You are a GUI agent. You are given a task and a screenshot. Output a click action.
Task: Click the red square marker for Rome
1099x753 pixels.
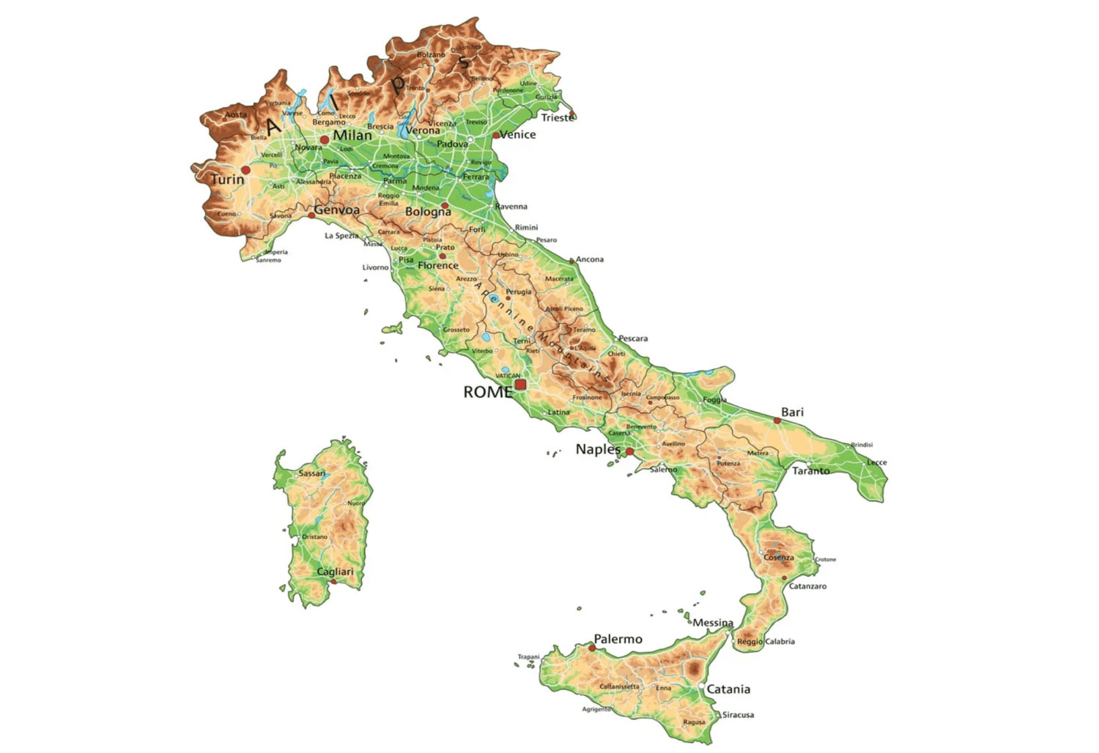point(520,384)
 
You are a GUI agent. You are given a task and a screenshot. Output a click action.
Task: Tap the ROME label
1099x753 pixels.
point(487,393)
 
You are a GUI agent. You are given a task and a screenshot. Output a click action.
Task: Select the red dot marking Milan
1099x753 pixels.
point(325,139)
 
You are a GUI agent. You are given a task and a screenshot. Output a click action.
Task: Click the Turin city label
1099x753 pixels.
point(227,179)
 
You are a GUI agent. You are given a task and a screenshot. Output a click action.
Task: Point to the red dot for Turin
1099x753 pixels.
point(246,170)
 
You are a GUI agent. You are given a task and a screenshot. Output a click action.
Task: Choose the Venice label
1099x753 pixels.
point(519,135)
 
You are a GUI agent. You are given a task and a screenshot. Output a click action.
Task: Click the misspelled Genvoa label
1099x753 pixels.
point(337,211)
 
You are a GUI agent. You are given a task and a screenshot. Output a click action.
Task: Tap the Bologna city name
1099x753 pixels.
point(428,212)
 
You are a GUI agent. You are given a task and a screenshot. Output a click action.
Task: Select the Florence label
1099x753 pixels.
point(438,266)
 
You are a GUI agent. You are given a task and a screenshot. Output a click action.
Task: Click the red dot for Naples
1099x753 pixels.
point(629,452)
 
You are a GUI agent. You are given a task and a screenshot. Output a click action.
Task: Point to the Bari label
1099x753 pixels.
point(792,412)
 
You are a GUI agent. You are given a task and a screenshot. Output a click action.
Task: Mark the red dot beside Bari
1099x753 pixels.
point(777,420)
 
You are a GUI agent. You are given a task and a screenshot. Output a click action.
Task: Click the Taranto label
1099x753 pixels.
point(811,471)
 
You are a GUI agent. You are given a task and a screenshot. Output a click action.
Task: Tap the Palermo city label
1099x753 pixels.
point(618,639)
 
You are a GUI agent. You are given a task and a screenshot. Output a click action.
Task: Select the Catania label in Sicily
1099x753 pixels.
point(728,689)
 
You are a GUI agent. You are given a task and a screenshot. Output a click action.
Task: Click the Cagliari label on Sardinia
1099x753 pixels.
point(335,572)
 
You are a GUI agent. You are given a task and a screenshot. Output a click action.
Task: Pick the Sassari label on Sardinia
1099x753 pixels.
point(312,473)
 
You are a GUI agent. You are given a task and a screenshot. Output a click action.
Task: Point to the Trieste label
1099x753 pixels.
point(557,118)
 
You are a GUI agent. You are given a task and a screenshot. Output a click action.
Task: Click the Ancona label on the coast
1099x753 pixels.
point(590,259)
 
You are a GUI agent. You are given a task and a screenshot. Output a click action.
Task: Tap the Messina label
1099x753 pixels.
point(713,623)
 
